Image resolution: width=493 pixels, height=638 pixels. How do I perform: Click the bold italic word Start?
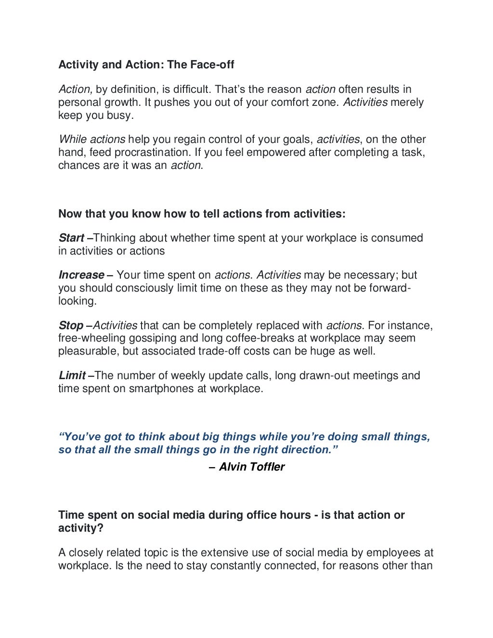pos(71,238)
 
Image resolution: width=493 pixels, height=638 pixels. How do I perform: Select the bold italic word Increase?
pos(81,275)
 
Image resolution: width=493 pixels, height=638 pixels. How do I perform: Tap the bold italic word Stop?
pos(71,326)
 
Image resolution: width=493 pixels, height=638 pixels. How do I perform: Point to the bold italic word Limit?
pos(72,376)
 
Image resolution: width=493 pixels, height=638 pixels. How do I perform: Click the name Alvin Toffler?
pos(252,467)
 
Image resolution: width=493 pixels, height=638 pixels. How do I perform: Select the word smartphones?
pos(161,389)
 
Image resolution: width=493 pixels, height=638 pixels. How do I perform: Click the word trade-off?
pos(219,351)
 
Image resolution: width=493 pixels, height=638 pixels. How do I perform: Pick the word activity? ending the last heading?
pos(80,528)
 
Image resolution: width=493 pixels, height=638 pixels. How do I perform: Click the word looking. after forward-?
pos(77,301)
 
